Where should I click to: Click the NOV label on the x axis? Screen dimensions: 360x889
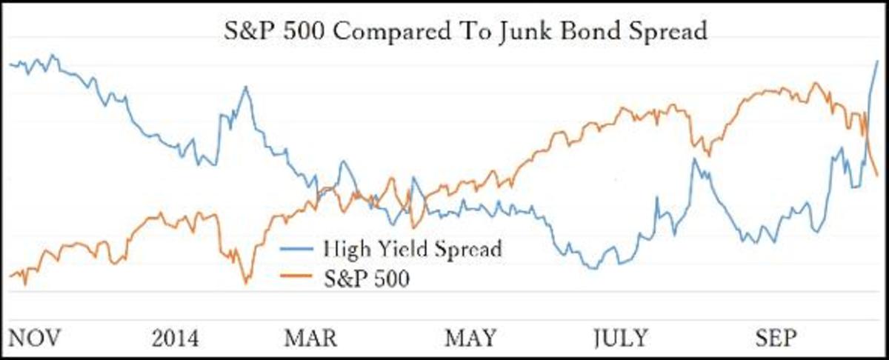(34, 339)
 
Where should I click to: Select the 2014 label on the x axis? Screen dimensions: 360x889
(176, 339)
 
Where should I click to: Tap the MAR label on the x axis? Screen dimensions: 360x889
(310, 339)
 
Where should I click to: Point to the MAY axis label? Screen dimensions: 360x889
(470, 339)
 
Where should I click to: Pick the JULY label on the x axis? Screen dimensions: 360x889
(620, 339)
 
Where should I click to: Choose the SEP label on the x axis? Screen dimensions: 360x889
(776, 339)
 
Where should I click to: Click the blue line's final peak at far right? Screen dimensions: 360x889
(878, 61)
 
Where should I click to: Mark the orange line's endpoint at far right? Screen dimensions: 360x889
(878, 176)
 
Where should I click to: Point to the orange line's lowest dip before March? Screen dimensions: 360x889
(246, 282)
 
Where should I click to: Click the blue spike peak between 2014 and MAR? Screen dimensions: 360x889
(244, 87)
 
